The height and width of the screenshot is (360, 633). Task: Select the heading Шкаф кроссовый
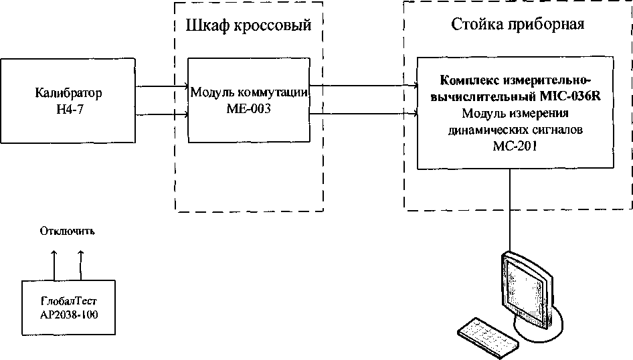(248, 26)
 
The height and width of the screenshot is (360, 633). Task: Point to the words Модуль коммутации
(248, 93)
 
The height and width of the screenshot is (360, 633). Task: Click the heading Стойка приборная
(519, 25)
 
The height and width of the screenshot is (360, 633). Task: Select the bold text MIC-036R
(571, 97)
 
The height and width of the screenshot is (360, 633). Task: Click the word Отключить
(68, 232)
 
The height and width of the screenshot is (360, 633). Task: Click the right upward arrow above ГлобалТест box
(81, 264)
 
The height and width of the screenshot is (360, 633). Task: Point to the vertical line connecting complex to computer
(511, 207)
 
